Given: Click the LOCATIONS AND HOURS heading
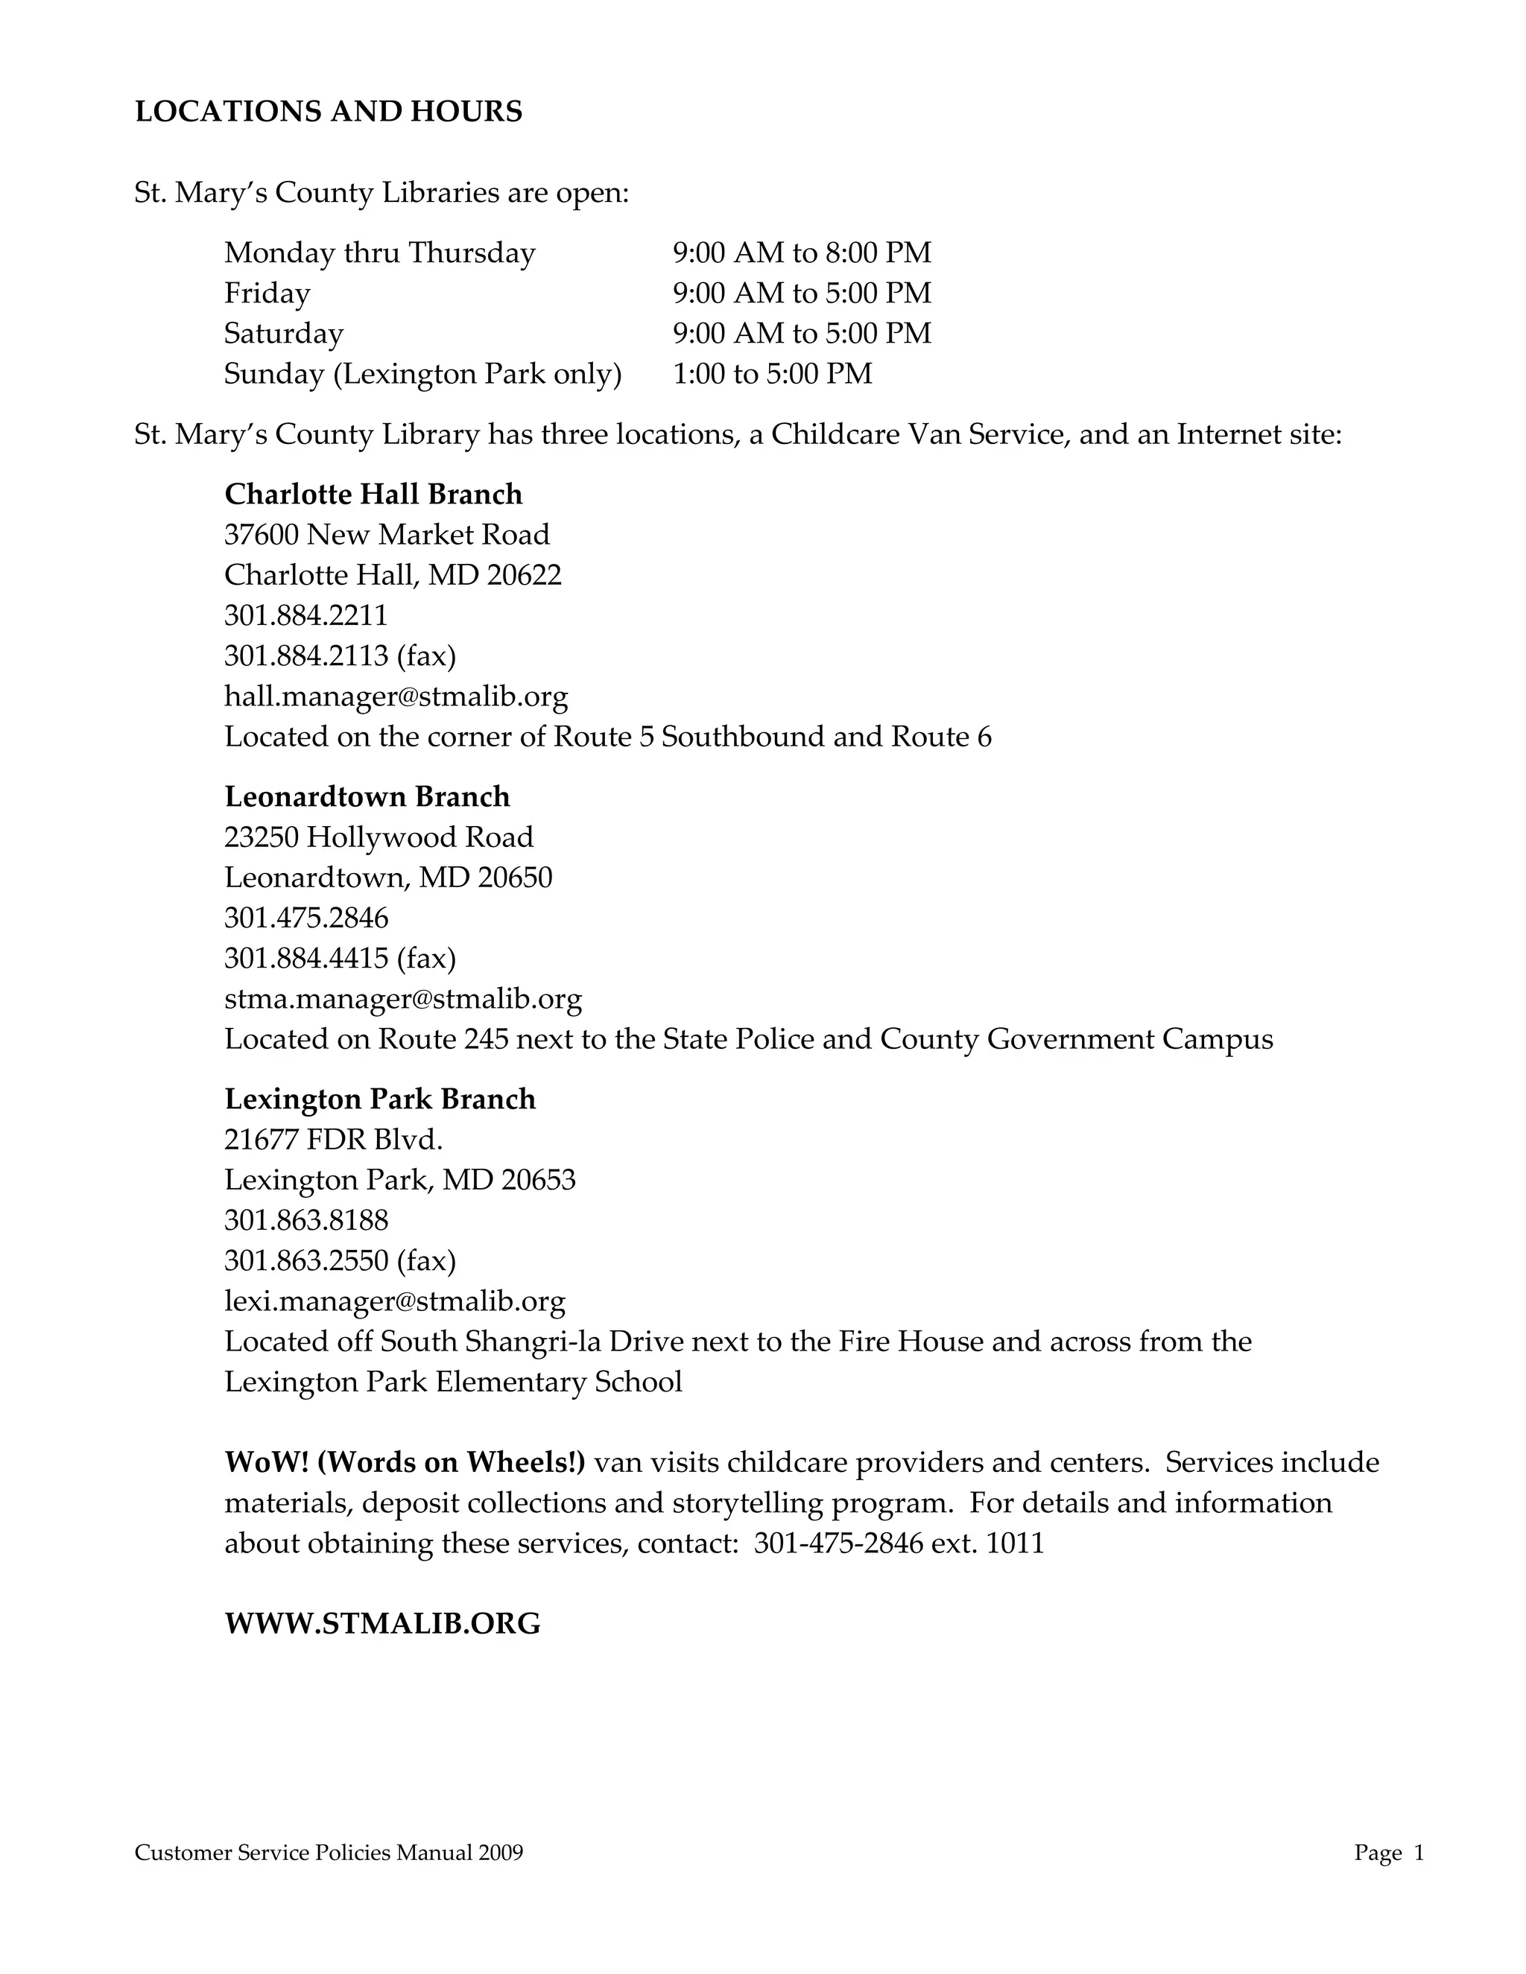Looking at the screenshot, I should click(x=328, y=112).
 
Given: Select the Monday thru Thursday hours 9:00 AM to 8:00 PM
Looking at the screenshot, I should click(x=801, y=253).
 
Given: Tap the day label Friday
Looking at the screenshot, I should click(x=267, y=293).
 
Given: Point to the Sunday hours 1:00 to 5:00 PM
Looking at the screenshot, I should click(x=772, y=373).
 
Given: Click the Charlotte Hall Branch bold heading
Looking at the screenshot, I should click(x=373, y=495).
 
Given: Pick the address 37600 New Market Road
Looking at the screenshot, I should click(x=387, y=535).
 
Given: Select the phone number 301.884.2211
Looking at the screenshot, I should click(x=305, y=615).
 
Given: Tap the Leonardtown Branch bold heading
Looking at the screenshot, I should click(x=367, y=797).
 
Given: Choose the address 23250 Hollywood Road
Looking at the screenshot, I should click(x=379, y=837).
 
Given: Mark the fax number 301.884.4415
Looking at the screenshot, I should click(x=305, y=958).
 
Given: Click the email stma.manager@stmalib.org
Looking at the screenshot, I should click(x=403, y=999).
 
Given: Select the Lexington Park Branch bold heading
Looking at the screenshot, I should click(x=380, y=1099).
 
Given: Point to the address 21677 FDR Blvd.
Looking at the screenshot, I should click(x=334, y=1140).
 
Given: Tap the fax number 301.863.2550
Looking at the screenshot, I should click(x=305, y=1261).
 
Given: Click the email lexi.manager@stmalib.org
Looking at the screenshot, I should click(x=395, y=1301).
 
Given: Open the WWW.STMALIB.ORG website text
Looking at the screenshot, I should click(x=382, y=1624).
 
